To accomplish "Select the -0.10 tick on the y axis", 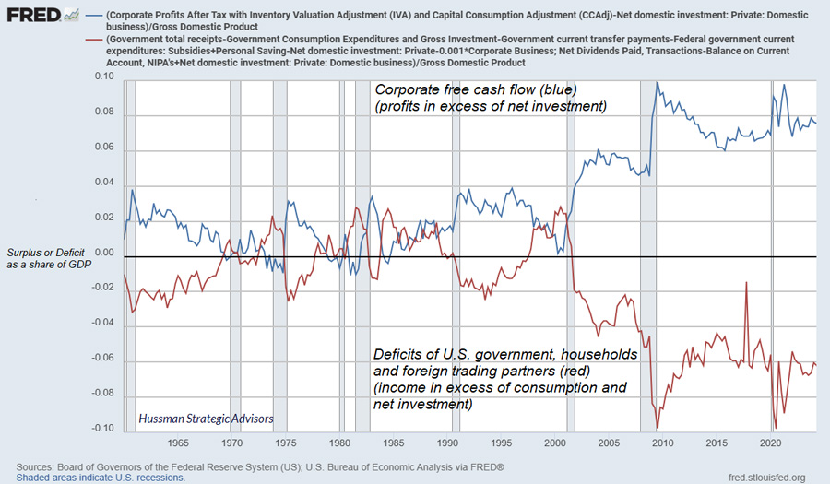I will point(102,429).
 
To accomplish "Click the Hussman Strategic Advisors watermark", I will point(206,419).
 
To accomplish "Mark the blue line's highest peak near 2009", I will point(657,83).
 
